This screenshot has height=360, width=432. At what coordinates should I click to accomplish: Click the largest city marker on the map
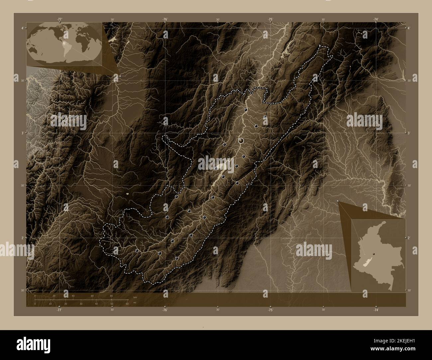pyautogui.click(x=241, y=141)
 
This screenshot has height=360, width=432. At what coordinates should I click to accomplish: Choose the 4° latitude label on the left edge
pyautogui.click(x=22, y=28)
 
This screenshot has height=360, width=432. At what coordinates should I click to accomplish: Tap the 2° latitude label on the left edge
pyautogui.click(x=22, y=238)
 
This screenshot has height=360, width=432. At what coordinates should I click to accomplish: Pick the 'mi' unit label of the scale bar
pyautogui.click(x=135, y=303)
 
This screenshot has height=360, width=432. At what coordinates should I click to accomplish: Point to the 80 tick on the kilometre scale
pyautogui.click(x=111, y=296)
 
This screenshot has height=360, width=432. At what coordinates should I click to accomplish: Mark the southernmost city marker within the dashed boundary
pyautogui.click(x=176, y=258)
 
